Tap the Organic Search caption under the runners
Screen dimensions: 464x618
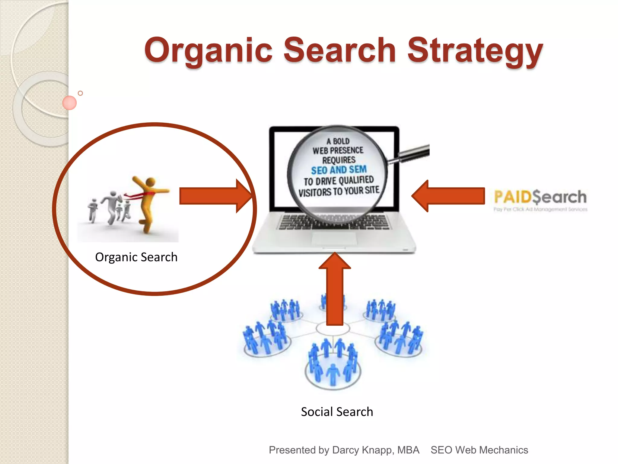pos(136,257)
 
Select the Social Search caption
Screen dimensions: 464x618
pos(337,412)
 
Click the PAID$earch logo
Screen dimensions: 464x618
pos(540,198)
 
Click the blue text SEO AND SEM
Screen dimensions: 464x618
pos(339,170)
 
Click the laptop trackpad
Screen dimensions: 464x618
pos(334,239)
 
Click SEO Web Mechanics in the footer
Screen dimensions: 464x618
pos(479,450)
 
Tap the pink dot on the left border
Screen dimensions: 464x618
pos(69,103)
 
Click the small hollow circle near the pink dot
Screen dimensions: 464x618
pos(80,93)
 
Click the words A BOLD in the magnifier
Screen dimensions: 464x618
pos(338,141)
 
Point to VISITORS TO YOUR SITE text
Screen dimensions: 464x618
pos(339,191)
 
